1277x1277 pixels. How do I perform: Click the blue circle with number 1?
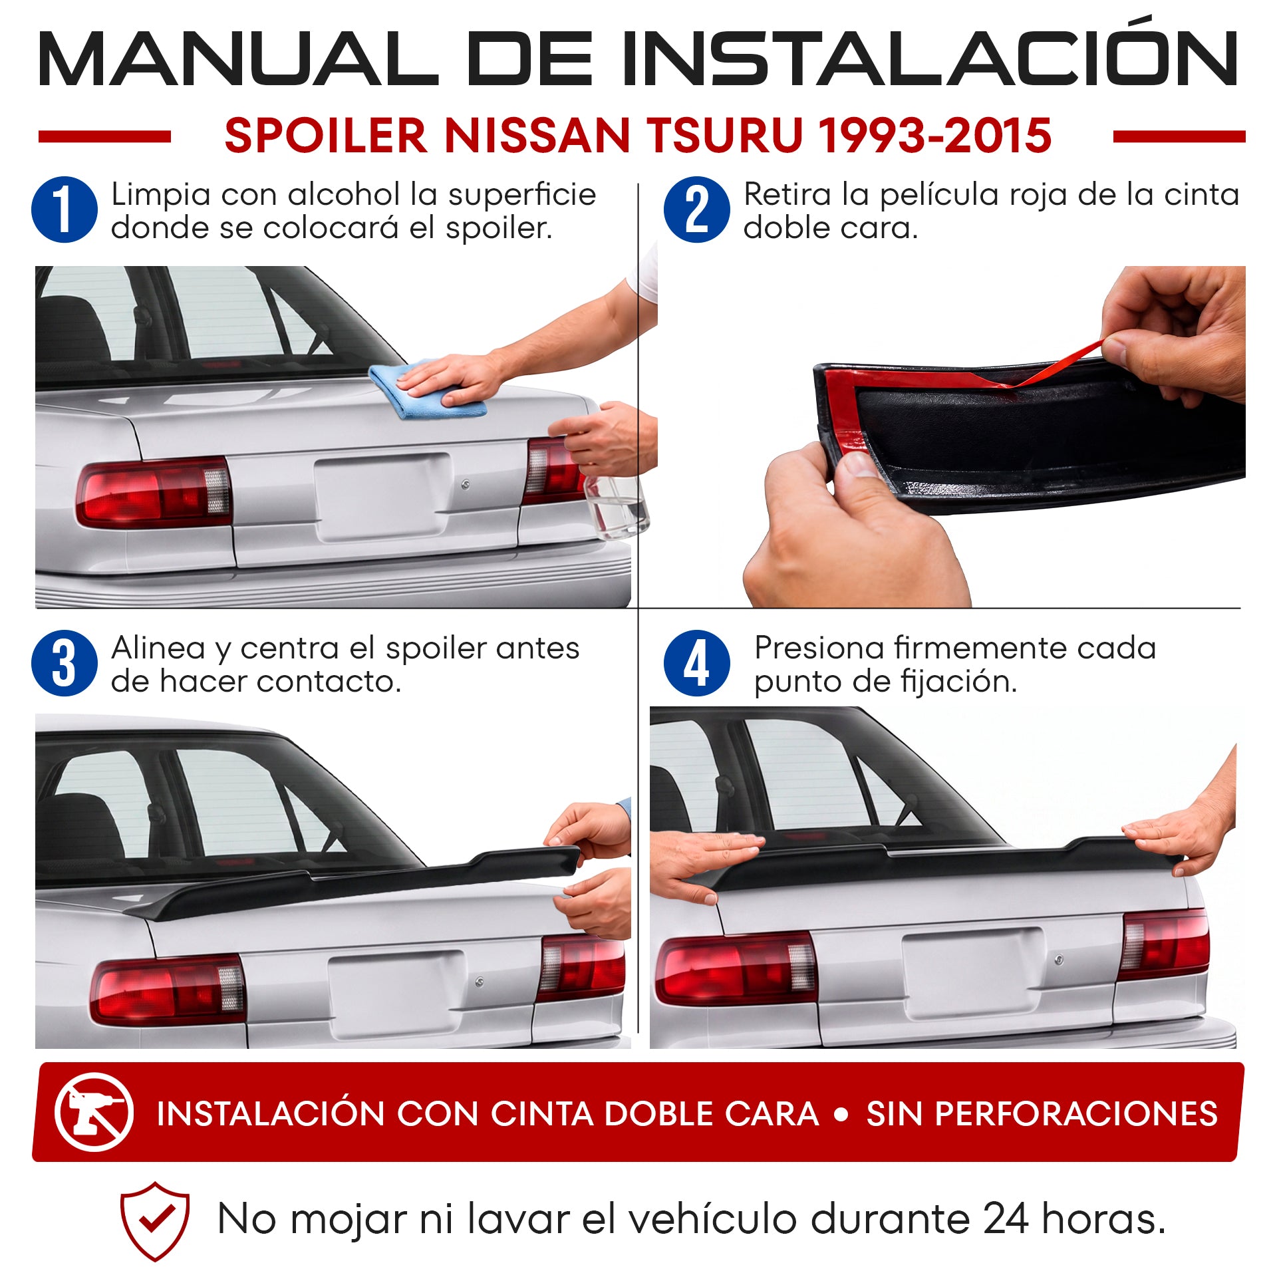(65, 210)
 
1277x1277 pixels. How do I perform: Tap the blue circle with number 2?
(696, 210)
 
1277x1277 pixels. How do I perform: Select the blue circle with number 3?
(65, 663)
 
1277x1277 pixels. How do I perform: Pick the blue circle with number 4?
(696, 663)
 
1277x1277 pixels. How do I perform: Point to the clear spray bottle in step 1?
(615, 502)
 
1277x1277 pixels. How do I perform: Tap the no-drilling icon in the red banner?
(94, 1112)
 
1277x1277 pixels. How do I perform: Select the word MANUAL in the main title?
(237, 59)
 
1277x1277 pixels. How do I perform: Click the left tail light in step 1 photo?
(154, 492)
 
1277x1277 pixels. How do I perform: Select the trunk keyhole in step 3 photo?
(480, 982)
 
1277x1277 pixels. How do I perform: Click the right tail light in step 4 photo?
(1164, 943)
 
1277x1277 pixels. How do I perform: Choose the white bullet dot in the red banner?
(841, 1114)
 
